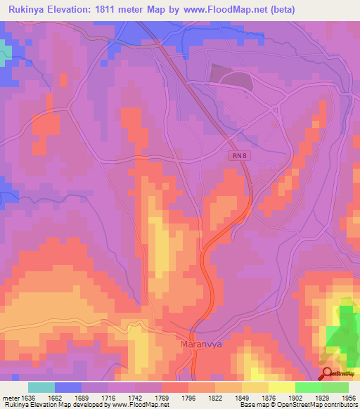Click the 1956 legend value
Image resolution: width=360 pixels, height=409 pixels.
tap(348, 396)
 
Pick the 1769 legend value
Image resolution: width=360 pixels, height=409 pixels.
tap(162, 396)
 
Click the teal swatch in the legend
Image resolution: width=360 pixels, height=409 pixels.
tap(41, 387)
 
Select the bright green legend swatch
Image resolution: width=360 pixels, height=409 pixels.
tap(309, 387)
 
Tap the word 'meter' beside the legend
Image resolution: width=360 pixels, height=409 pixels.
tap(10, 396)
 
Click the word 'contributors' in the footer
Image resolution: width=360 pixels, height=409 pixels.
tap(340, 405)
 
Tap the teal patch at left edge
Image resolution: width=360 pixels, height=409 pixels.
tap(5, 53)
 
